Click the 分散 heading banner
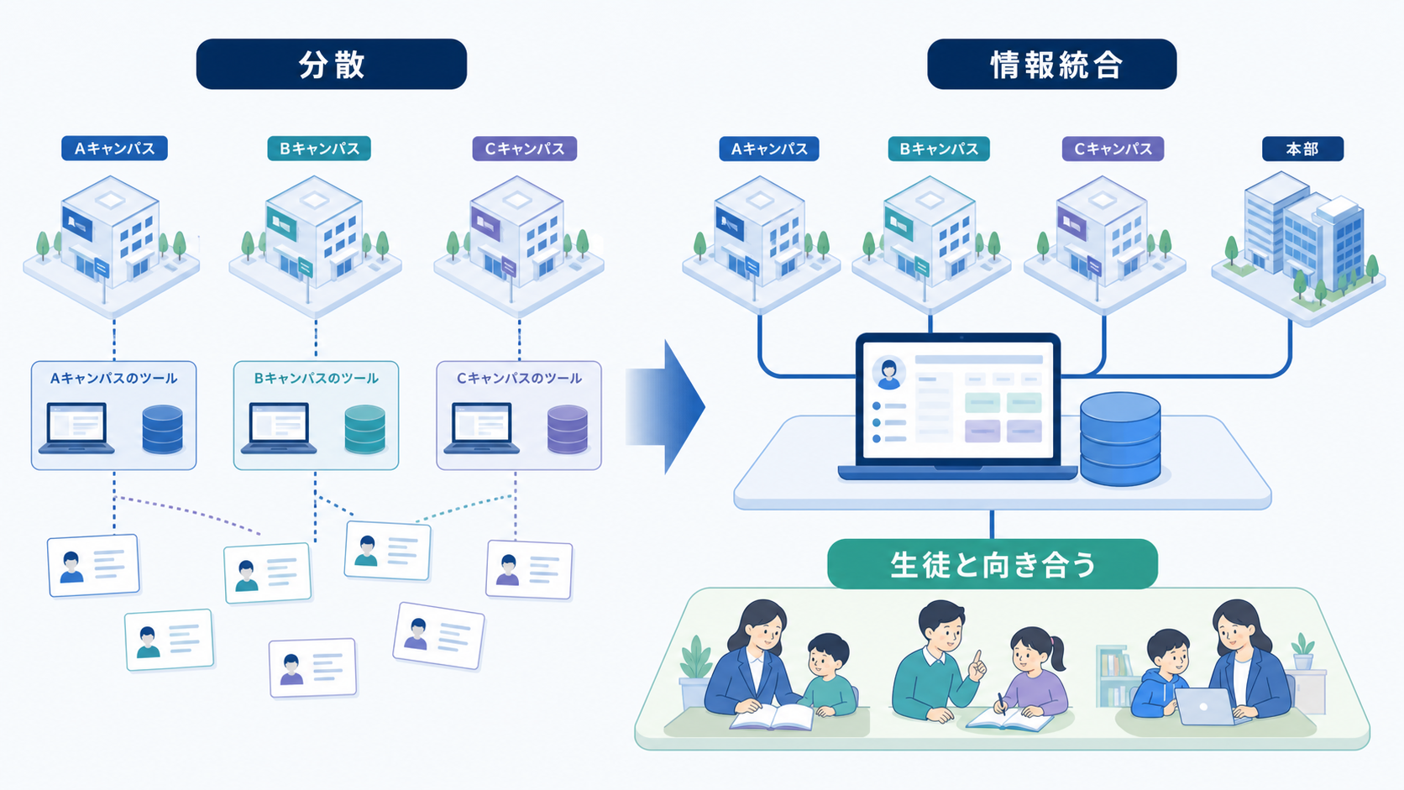tap(332, 64)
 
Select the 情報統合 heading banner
tap(1052, 64)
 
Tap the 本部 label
tap(1302, 149)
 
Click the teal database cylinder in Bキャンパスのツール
tap(364, 429)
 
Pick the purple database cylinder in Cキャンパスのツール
tap(568, 429)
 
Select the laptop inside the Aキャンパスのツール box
tap(76, 428)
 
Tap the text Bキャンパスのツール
tap(316, 378)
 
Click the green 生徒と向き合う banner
tap(993, 564)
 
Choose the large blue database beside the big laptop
tap(1120, 438)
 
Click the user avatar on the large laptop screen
tap(888, 373)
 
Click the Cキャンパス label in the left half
tap(525, 149)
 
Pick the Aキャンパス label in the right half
tap(769, 149)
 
